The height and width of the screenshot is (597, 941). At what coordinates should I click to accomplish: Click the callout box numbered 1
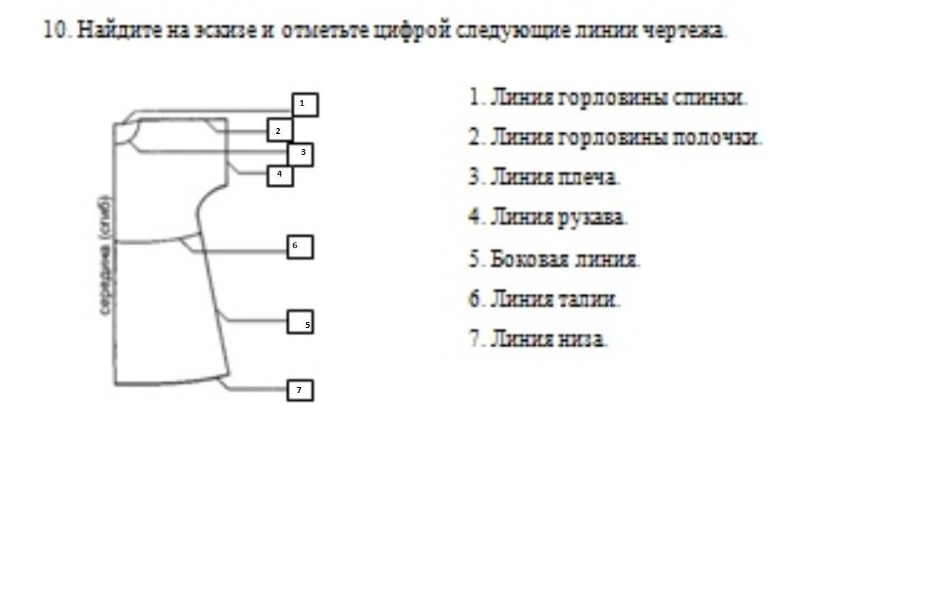(305, 105)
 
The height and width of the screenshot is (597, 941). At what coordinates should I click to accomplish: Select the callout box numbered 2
(280, 131)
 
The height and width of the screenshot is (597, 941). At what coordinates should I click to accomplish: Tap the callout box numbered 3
(300, 153)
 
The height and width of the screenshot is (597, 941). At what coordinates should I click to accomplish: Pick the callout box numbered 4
(280, 175)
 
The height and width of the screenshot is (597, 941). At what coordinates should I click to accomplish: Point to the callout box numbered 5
(300, 322)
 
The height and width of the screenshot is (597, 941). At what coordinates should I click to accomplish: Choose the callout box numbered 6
(300, 247)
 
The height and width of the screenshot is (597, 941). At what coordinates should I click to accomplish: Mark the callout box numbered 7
(300, 391)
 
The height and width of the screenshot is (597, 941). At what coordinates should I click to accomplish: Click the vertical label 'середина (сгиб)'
(106, 255)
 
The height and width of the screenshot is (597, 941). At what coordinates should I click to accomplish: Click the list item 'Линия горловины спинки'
(608, 98)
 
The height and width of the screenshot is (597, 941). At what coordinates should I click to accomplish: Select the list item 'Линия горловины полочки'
(615, 137)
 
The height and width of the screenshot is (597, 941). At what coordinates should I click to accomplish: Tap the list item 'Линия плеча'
(544, 177)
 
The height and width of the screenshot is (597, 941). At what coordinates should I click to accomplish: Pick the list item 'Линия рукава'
(548, 217)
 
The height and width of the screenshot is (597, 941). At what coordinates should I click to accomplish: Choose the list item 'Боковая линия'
(554, 259)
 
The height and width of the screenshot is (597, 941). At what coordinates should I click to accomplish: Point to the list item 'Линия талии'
(544, 299)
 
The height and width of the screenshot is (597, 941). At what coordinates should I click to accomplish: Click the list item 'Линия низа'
(538, 339)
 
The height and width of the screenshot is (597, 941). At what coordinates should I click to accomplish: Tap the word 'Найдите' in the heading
(118, 30)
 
